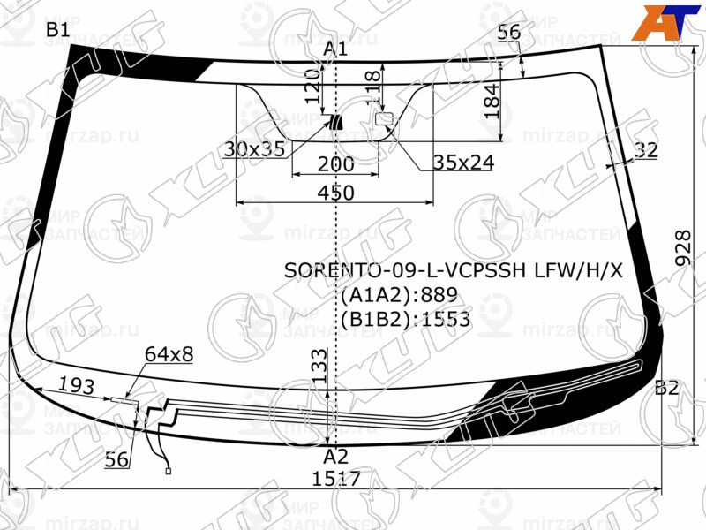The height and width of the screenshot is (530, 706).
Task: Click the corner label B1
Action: [58, 30]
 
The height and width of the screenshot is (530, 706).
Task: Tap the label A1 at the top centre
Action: [335, 49]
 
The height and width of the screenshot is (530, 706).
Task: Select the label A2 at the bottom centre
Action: [335, 457]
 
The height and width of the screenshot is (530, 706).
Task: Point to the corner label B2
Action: [667, 388]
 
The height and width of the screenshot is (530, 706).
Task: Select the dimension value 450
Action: [335, 193]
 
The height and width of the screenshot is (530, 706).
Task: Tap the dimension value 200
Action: [335, 164]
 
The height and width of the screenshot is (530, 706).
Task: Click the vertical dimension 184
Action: [492, 100]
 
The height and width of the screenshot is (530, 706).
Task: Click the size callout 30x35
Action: [254, 149]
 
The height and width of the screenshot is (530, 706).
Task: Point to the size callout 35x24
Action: [463, 162]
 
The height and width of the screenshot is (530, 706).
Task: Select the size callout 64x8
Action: [169, 354]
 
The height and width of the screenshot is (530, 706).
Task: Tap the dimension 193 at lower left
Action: [77, 384]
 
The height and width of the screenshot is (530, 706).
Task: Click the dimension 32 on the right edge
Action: [646, 151]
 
